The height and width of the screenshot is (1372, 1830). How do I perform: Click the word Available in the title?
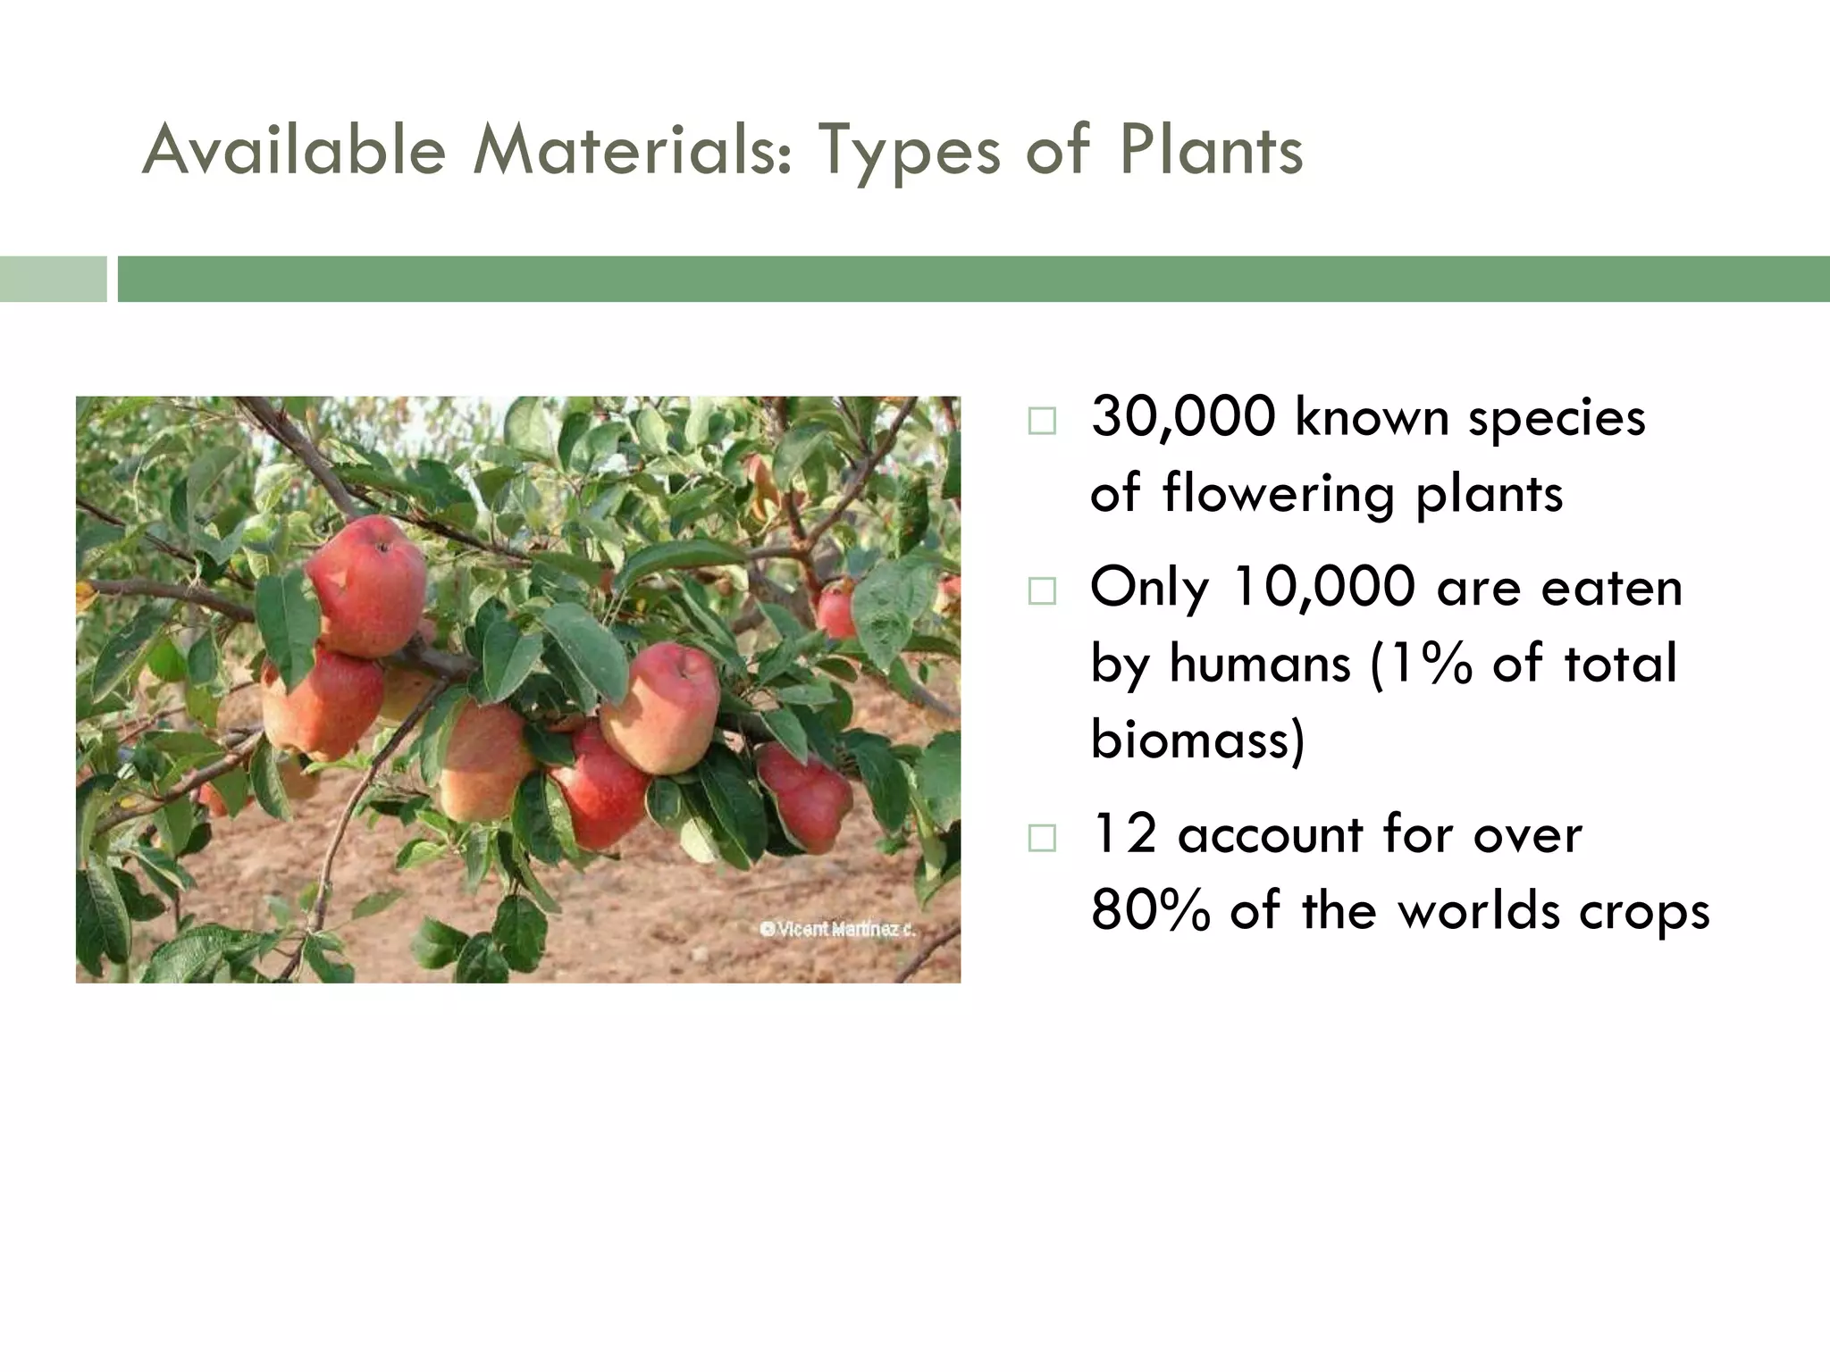click(294, 150)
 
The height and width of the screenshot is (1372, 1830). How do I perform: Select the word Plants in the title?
click(1210, 150)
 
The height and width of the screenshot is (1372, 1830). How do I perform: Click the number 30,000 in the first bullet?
click(1183, 417)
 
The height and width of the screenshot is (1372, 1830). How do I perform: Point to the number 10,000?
click(1323, 588)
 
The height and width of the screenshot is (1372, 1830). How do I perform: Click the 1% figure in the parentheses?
click(1429, 664)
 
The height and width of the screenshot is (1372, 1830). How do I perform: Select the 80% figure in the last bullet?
click(1150, 911)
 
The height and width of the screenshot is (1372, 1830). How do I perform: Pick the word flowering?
click(1279, 493)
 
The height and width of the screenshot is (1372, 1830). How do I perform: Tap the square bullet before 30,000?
click(1041, 421)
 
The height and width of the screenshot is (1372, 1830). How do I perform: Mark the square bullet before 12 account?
click(1041, 838)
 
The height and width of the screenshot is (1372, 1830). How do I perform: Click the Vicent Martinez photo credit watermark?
click(838, 929)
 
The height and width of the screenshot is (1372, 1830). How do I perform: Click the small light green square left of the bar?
click(53, 279)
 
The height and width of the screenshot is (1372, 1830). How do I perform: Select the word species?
click(1556, 417)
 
